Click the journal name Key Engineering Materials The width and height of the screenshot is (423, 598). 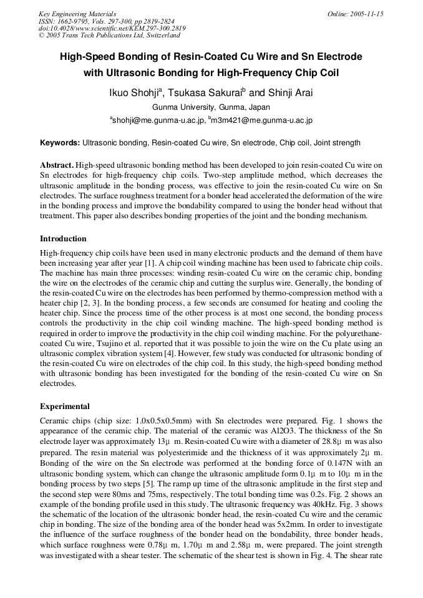(x=77, y=14)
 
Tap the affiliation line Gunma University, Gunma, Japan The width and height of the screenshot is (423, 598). (x=211, y=107)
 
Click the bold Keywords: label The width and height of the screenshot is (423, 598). (x=60, y=143)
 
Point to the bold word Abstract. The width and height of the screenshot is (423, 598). (x=57, y=165)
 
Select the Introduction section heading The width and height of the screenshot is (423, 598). (x=63, y=239)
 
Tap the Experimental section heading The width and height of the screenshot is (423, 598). (x=65, y=406)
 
